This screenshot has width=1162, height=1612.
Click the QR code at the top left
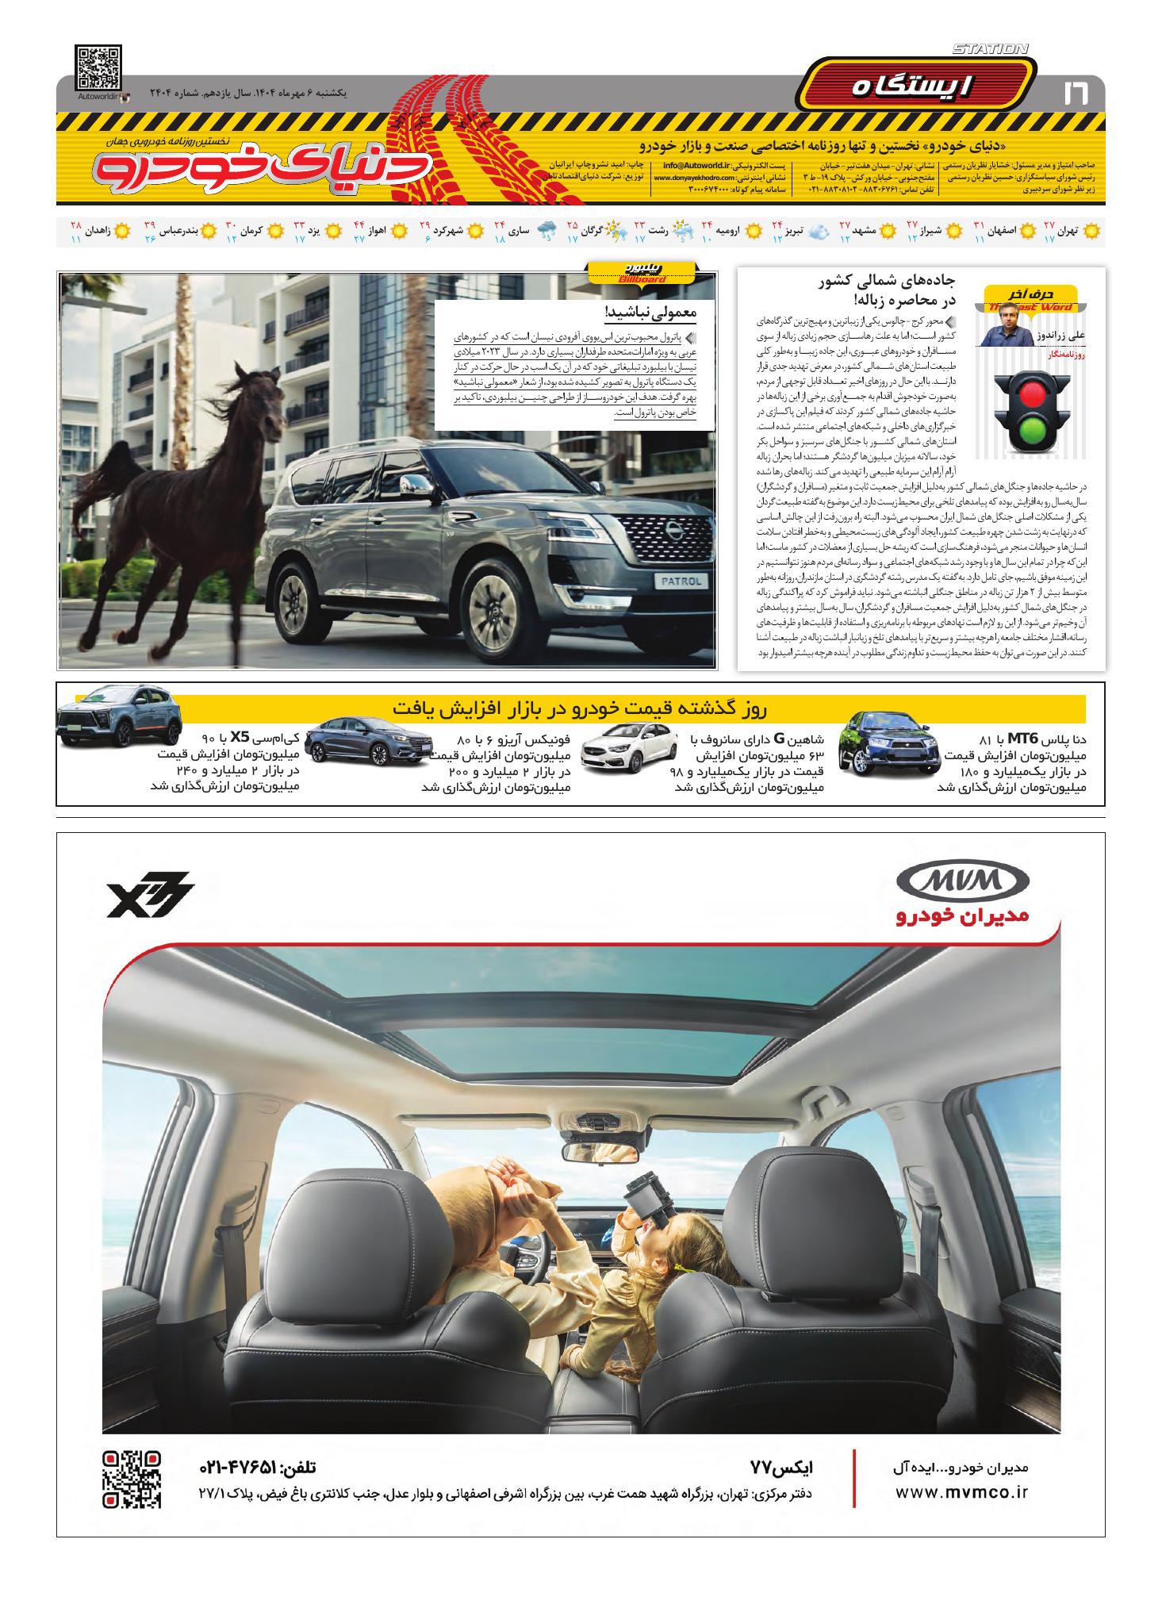pos(99,69)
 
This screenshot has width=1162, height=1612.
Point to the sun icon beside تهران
pos(1092,231)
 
